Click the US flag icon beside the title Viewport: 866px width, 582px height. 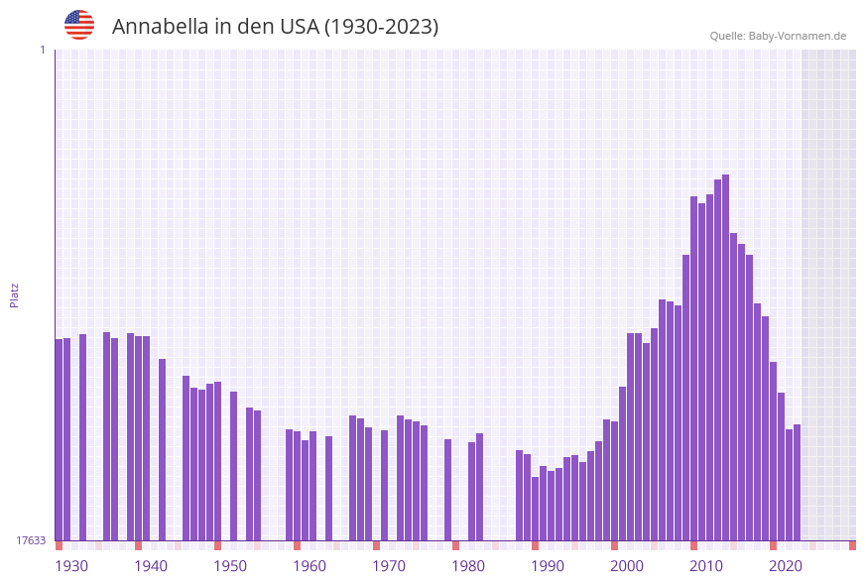coord(79,25)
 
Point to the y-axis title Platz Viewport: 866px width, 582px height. coord(15,294)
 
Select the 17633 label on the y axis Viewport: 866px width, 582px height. coord(31,540)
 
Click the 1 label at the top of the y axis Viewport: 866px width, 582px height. coord(42,50)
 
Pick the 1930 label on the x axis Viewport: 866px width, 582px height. coord(71,566)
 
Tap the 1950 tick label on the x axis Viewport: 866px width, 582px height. coord(230,566)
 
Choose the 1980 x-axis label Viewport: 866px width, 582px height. coord(468,566)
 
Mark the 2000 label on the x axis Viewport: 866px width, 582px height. coord(627,566)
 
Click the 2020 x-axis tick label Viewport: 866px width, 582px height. coord(786,566)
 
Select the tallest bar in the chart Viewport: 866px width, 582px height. coord(726,357)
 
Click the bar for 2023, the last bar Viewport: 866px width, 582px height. coord(798,482)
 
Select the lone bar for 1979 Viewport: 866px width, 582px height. coord(448,490)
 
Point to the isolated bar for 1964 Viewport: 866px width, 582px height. coord(329,488)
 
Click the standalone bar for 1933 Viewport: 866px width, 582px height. coord(83,437)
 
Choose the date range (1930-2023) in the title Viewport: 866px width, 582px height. coord(381,27)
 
